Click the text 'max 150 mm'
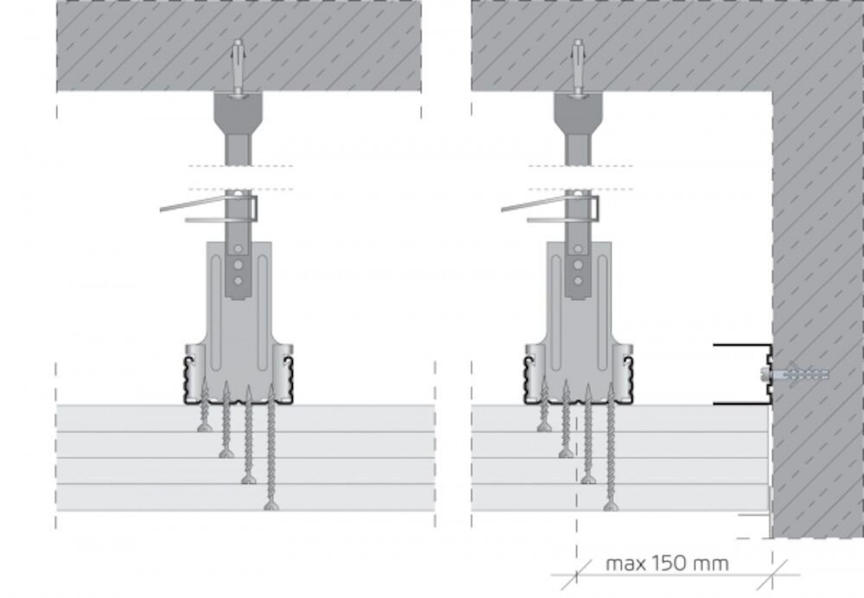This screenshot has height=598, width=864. coord(667,563)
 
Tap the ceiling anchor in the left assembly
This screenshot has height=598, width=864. coord(238,67)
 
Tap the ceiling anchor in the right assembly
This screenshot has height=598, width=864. coord(578,67)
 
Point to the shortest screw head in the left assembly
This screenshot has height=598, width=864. coord(205,427)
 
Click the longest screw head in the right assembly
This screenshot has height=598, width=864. coord(610,506)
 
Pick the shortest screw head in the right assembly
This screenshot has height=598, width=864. coord(544,427)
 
